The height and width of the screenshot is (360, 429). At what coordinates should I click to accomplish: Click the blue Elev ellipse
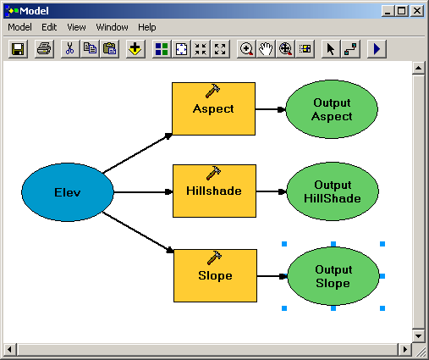coord(68,192)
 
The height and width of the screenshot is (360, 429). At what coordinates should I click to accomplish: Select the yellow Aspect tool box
coord(213,108)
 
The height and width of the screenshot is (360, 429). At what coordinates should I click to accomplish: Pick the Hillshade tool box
coord(214,191)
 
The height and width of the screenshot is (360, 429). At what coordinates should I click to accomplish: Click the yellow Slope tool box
coord(215,275)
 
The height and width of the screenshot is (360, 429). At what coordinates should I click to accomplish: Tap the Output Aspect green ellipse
coord(332,109)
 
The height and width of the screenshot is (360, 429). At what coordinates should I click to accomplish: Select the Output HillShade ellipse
coord(333,191)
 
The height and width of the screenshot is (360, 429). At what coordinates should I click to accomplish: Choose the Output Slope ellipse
coord(333,276)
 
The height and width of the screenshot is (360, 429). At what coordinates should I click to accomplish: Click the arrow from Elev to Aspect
coord(137,153)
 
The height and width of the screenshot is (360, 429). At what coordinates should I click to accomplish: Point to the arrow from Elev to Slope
coord(138,232)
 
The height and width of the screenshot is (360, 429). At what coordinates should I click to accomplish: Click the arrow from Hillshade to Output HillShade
coord(272,191)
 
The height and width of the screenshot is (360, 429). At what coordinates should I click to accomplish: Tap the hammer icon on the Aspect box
coord(213,91)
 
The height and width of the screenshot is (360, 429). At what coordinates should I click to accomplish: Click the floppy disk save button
coord(18,49)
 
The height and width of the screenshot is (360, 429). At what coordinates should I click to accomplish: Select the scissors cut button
coord(70,49)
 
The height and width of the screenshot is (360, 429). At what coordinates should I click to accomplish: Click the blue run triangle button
coord(377,49)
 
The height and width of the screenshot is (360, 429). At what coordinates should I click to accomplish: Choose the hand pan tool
coord(266,49)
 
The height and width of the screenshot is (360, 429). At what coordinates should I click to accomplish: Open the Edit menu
coord(49,27)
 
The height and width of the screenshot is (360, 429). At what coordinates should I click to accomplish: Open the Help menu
coord(147,27)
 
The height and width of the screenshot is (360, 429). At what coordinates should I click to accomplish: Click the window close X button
coord(417,11)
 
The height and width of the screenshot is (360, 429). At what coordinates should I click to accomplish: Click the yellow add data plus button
coord(135,49)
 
